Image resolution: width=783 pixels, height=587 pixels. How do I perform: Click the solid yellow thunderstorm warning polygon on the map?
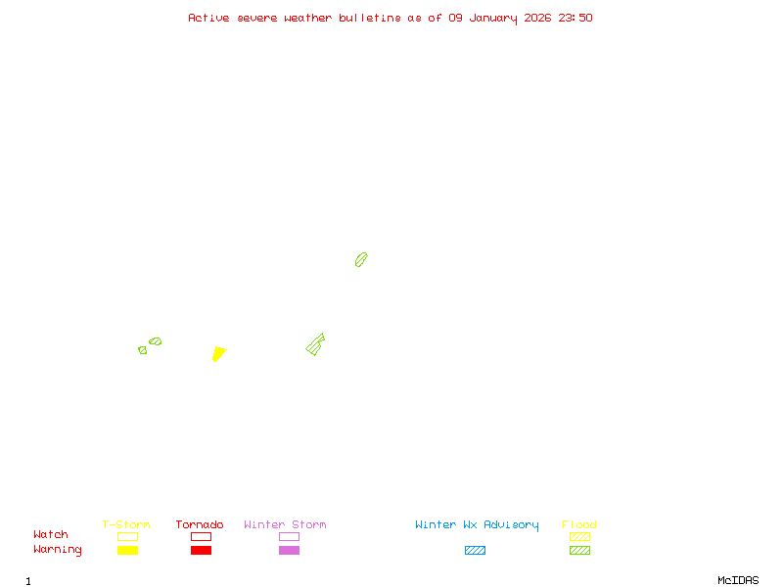click(218, 353)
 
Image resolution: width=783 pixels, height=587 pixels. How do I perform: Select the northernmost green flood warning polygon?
click(361, 259)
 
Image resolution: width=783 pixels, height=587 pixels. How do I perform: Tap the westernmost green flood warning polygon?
click(143, 349)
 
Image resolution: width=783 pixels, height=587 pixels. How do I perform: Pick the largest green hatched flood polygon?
click(315, 344)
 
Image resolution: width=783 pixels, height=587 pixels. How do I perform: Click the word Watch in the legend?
click(51, 535)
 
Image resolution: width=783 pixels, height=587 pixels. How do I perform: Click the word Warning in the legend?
click(58, 550)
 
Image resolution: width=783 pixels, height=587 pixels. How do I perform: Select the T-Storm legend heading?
click(126, 525)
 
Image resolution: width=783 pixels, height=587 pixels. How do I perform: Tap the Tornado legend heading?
click(200, 525)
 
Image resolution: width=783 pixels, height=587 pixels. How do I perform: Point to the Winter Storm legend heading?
click(285, 525)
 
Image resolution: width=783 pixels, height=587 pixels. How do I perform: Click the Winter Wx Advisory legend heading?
click(477, 525)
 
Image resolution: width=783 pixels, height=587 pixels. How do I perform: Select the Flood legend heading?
click(579, 525)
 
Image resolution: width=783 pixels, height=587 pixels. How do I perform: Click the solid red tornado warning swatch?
click(201, 551)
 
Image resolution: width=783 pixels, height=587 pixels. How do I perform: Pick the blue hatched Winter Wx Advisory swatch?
click(475, 551)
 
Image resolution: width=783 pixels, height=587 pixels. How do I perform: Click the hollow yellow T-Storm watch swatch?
click(127, 536)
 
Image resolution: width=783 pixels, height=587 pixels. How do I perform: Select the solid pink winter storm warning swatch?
click(289, 551)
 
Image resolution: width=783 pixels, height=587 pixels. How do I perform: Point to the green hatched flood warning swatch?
click(579, 551)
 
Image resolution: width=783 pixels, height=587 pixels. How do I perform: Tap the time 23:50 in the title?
click(576, 18)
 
